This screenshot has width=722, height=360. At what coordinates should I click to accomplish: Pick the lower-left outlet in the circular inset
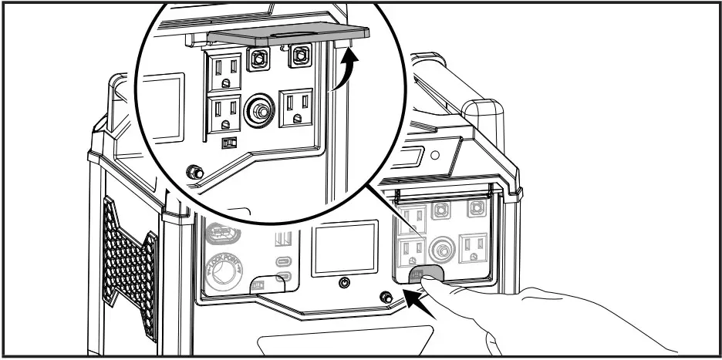[223, 113]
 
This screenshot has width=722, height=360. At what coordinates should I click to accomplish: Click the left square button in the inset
[257, 58]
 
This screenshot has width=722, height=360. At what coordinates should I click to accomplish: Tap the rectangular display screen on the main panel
[345, 248]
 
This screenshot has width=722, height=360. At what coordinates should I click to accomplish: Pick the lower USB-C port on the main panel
[285, 276]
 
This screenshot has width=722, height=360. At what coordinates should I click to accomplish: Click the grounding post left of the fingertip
[386, 295]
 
